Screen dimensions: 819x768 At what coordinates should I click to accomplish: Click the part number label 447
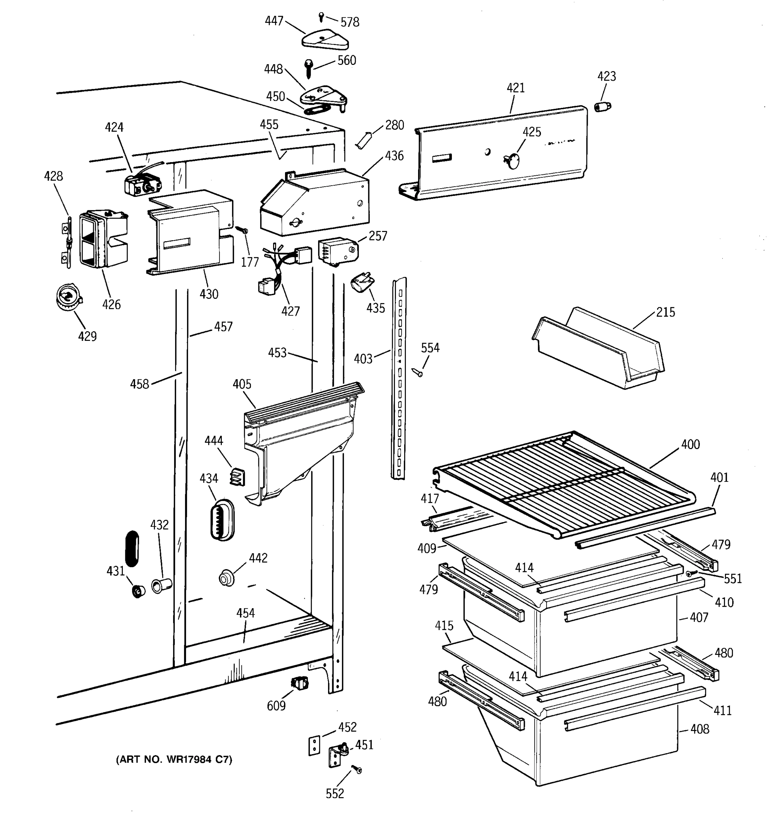point(274,20)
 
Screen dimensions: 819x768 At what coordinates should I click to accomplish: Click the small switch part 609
point(300,684)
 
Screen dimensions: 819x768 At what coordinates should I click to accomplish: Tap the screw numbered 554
point(418,372)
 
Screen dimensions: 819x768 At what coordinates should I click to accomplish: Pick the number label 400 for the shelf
point(690,444)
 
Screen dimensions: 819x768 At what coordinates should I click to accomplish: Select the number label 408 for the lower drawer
point(700,729)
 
